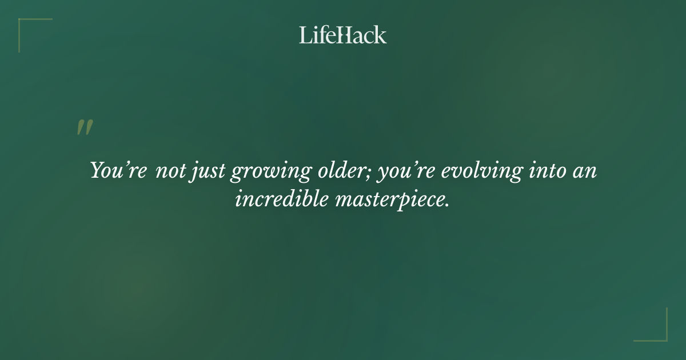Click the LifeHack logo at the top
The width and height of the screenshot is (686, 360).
(343, 35)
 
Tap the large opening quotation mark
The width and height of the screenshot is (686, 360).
(85, 128)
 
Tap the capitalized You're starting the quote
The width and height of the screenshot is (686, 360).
(118, 171)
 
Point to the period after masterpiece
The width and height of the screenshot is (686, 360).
(446, 205)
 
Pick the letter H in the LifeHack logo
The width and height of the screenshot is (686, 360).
(342, 35)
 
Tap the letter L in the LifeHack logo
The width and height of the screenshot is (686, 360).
(305, 35)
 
